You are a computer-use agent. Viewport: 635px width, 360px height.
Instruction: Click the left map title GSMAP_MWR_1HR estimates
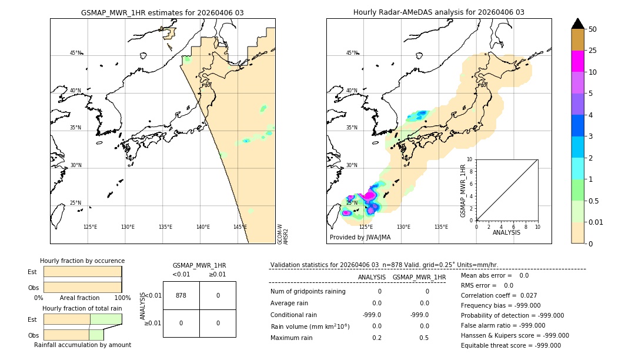pos(162,12)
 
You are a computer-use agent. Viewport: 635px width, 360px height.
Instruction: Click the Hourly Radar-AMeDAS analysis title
pos(439,12)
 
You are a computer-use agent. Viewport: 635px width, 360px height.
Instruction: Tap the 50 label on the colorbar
pos(593,29)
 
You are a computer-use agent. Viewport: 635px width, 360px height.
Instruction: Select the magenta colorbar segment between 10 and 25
pos(577,61)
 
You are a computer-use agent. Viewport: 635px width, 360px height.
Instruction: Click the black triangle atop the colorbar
pos(577,24)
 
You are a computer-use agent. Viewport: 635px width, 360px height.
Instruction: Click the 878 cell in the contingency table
pos(181,295)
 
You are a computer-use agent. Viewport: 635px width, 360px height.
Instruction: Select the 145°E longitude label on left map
pos(240,227)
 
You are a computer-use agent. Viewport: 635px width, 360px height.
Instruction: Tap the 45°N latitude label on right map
pos(352,53)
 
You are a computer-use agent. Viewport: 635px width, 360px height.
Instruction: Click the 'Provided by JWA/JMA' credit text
pos(360,238)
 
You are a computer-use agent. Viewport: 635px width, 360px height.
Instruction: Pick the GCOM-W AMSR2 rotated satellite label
pos(283,234)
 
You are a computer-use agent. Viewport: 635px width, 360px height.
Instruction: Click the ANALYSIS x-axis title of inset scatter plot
pos(506,233)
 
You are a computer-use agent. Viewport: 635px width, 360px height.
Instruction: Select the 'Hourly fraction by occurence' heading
pos(82,261)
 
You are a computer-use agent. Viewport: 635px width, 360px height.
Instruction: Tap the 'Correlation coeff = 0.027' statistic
pos(499,295)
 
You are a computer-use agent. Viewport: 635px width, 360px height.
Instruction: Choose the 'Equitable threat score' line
pos(511,345)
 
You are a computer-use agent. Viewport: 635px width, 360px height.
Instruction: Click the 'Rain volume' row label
pos(310,326)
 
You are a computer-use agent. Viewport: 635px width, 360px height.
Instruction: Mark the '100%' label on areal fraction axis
pos(122,298)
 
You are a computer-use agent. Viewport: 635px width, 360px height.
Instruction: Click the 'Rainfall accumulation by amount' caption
pos(82,345)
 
